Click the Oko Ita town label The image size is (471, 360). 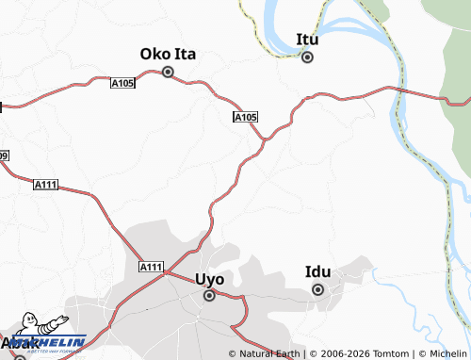[168, 54]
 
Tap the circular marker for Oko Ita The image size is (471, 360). [169, 72]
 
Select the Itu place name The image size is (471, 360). [307, 40]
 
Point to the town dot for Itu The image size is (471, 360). [307, 57]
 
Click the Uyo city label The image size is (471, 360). [209, 279]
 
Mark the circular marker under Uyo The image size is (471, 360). [209, 296]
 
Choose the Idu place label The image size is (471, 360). [318, 272]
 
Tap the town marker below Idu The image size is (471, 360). [318, 289]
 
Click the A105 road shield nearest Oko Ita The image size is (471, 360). [122, 84]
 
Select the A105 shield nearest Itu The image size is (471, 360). [244, 117]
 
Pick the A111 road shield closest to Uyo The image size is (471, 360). [151, 268]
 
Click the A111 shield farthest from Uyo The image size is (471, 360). [45, 184]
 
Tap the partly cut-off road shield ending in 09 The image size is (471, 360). [3, 155]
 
